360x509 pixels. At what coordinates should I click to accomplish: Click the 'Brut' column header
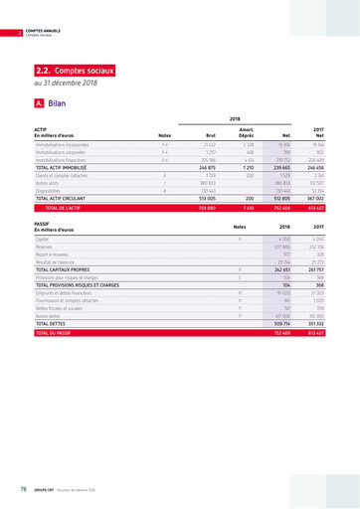click(x=211, y=135)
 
